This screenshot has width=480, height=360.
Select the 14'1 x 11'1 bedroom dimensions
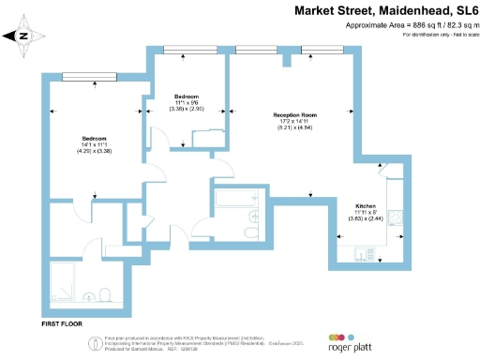click(94, 143)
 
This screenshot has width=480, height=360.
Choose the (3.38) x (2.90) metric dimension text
click(187, 109)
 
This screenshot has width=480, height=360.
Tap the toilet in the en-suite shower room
click(110, 294)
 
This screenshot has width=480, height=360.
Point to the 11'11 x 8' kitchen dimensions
click(366, 213)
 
